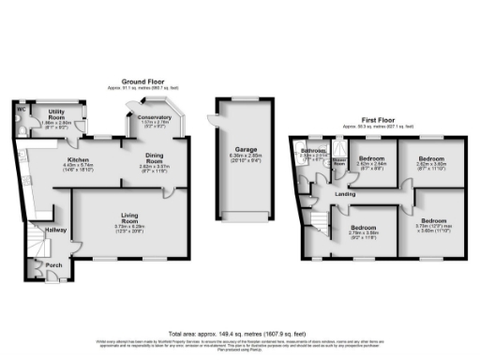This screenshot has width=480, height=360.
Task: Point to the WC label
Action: coord(20,108)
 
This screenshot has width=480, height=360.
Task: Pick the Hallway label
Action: coord(55,229)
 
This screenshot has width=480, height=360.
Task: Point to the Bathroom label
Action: coord(312,151)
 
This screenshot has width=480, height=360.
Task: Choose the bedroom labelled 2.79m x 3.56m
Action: coord(364,228)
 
